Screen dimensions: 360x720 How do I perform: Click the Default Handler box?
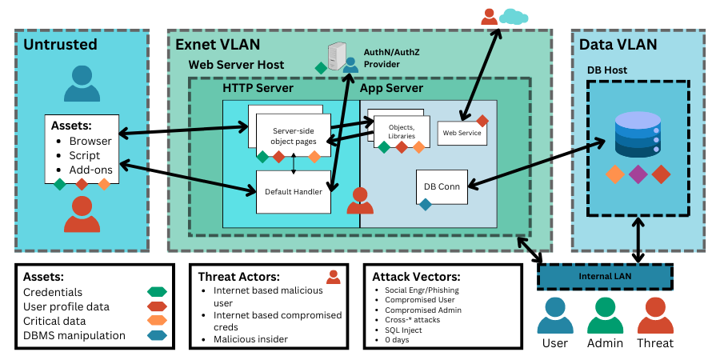(x=294, y=192)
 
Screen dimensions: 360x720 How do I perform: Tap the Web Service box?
(x=462, y=132)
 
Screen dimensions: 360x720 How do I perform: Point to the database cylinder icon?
(x=638, y=135)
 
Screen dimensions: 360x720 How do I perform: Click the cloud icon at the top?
(x=514, y=16)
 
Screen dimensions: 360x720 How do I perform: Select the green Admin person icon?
(x=605, y=314)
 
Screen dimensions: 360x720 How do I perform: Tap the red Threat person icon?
(x=655, y=314)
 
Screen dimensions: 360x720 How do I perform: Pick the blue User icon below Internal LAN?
(x=555, y=314)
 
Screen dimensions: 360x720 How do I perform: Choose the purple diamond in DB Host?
(x=638, y=174)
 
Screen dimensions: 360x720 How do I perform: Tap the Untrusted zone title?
(x=60, y=44)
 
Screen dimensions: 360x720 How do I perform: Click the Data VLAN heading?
(x=618, y=44)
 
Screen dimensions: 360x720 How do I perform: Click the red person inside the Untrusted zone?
(x=81, y=214)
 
